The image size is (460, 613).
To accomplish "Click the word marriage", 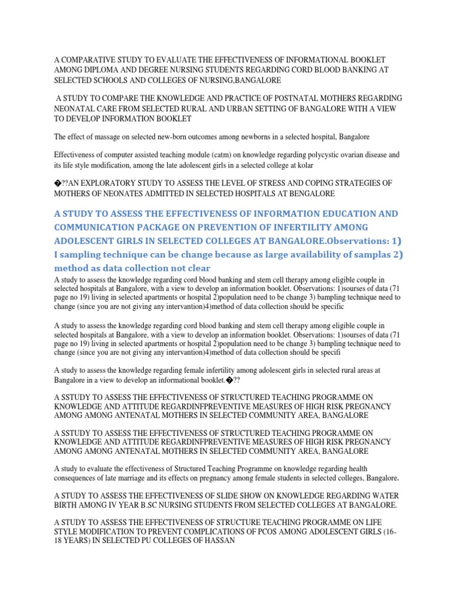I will pyautogui.click(x=115, y=478).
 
